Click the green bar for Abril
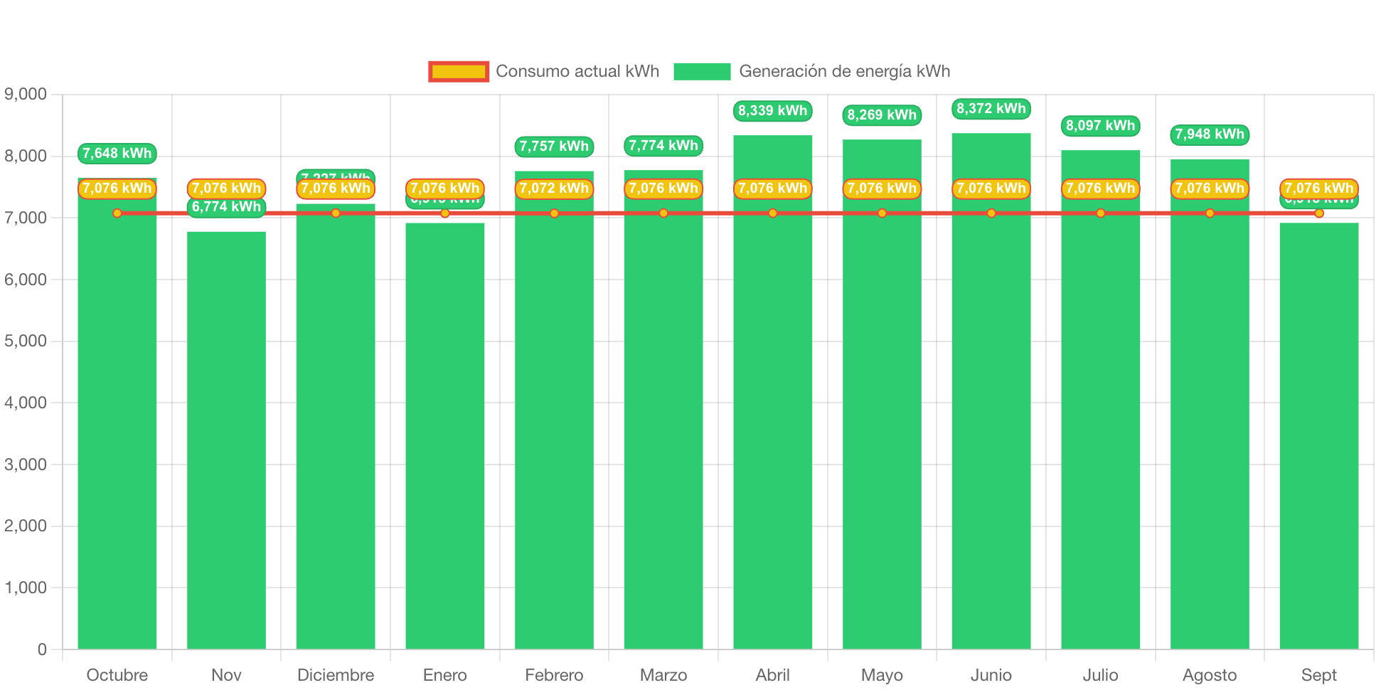pos(772,427)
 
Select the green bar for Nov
pos(226,441)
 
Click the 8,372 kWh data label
pos(991,109)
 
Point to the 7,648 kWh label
pos(117,154)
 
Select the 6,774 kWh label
pos(226,207)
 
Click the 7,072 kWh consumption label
pos(554,189)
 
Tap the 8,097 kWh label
pos(1100,126)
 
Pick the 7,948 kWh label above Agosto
pos(1209,134)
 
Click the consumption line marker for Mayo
pos(882,213)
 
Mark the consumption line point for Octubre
pos(117,213)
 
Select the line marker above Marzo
pos(663,213)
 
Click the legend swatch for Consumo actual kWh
pos(459,71)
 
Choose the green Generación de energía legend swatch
pos(701,71)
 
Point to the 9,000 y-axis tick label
pos(26,95)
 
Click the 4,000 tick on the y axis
pos(26,403)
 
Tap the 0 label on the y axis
pos(42,649)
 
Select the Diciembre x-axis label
pos(336,675)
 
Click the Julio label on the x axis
pos(1100,675)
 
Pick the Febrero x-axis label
pos(554,675)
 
